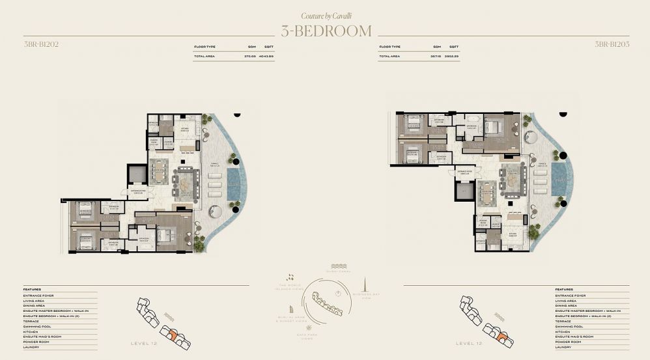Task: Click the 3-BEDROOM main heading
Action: tap(326, 31)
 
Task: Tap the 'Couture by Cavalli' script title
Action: tap(326, 15)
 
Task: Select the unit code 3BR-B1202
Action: tap(36, 44)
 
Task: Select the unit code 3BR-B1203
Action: tap(612, 44)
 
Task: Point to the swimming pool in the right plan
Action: tap(559, 179)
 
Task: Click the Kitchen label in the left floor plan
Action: tap(185, 130)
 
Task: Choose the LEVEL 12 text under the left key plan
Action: tap(143, 342)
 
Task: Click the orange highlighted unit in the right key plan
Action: tap(502, 337)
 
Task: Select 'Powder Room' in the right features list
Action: tap(568, 342)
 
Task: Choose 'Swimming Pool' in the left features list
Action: tap(41, 326)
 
